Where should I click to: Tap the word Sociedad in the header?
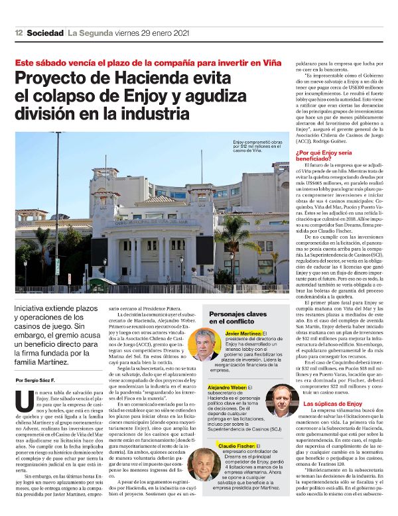45,33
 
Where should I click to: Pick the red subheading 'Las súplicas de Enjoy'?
332,403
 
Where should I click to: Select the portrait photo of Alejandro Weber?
283,399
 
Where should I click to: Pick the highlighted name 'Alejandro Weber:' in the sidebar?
228,386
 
